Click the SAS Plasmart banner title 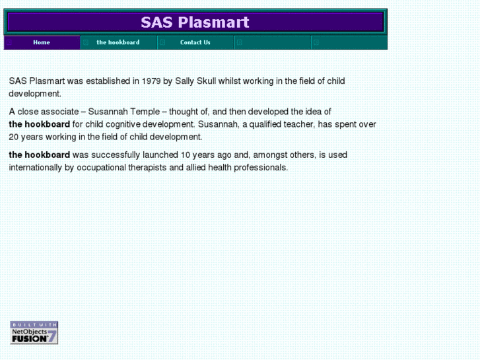[195, 22]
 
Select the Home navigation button [42, 42]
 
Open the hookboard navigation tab [118, 42]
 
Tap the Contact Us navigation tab [195, 42]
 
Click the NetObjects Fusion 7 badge [34, 332]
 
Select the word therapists [144, 168]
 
